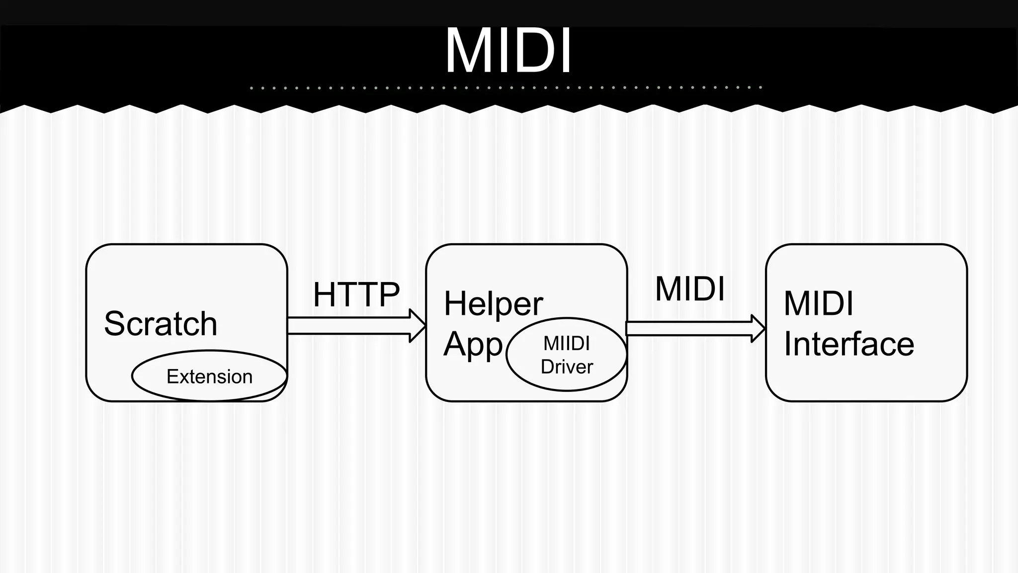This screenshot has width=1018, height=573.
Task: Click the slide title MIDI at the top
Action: click(508, 51)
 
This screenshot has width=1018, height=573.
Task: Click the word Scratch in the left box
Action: click(161, 324)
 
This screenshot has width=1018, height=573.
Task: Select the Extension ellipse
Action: click(209, 377)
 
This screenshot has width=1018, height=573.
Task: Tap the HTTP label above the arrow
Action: click(356, 294)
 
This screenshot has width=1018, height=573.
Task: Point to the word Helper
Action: click(493, 303)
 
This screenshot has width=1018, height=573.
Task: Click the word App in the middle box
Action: click(473, 344)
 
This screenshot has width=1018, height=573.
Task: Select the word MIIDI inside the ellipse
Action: click(566, 343)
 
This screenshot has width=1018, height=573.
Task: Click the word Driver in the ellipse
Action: click(567, 367)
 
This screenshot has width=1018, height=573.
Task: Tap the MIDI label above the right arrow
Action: click(690, 288)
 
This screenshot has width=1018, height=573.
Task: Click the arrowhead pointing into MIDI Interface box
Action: click(758, 328)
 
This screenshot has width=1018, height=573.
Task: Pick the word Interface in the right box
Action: click(849, 344)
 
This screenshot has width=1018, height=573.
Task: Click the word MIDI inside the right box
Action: click(818, 303)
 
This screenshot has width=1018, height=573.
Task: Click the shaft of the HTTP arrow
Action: click(348, 326)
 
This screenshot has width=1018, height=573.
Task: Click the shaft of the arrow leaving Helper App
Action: click(688, 329)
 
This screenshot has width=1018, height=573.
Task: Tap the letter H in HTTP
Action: click(324, 294)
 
